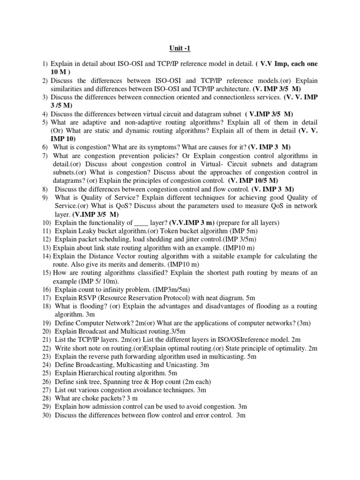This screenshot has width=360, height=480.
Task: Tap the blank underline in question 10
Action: click(141, 223)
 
